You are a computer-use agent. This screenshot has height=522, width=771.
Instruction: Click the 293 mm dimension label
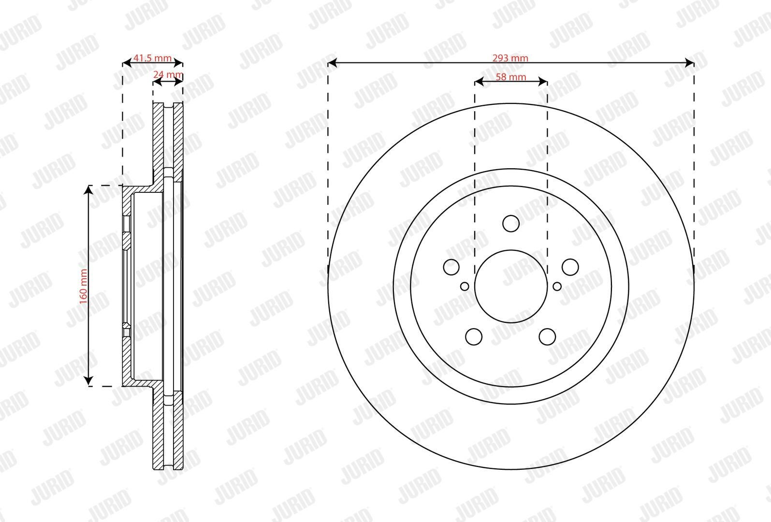(x=510, y=58)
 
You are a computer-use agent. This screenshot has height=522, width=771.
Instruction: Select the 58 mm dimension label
(x=511, y=77)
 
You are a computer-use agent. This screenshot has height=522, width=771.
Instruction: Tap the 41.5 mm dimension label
(x=152, y=58)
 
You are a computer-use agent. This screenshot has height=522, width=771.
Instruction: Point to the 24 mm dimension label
(x=168, y=74)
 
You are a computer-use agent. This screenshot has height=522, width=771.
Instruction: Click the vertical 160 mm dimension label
(x=84, y=286)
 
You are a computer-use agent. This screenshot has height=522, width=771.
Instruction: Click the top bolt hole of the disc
(x=511, y=223)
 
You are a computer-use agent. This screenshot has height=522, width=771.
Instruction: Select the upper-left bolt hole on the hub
(x=451, y=267)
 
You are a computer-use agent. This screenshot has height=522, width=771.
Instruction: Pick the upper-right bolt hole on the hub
(x=570, y=267)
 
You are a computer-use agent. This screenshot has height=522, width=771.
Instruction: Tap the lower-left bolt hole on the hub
(x=474, y=336)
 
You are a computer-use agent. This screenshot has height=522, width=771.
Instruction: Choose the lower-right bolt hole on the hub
(x=547, y=336)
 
